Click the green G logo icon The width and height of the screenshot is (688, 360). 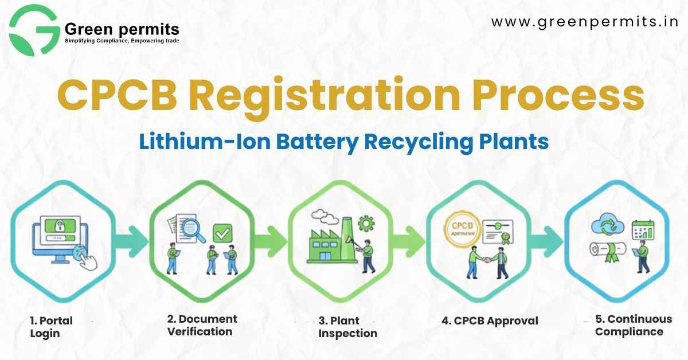34,30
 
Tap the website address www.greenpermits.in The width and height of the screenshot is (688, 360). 584,22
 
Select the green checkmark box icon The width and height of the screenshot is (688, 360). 222,233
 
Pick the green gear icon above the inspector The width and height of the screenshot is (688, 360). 366,224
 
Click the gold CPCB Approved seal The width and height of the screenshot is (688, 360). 462,229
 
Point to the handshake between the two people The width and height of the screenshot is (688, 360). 487,260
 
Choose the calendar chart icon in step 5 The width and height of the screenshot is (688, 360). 643,230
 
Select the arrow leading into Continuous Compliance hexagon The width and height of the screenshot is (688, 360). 548,242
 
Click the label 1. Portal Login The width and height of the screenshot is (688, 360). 51,327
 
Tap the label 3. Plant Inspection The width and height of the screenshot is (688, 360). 347,327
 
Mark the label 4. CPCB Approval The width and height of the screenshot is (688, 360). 490,321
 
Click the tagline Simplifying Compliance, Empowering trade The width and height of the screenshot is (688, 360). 122,41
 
